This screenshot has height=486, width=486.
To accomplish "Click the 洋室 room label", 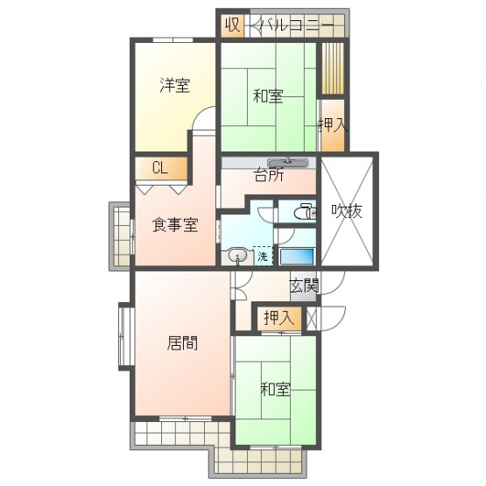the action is click(x=175, y=85).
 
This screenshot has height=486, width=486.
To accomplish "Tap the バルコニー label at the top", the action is click(x=297, y=25).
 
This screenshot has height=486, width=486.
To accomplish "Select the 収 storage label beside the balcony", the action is click(x=232, y=25).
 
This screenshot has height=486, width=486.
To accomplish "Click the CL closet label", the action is click(x=160, y=168).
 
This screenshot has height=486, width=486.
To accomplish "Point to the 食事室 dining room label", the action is click(x=175, y=225).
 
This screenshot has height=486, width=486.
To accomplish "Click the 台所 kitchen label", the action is click(x=269, y=175).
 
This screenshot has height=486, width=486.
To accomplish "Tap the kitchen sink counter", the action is click(x=288, y=162).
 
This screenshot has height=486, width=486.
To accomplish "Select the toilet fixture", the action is click(x=305, y=212).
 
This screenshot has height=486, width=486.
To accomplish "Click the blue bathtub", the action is click(x=297, y=257).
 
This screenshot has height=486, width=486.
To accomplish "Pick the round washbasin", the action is click(x=237, y=256).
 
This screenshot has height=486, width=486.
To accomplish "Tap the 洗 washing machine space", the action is click(x=263, y=256).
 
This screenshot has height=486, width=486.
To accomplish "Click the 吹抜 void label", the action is click(x=347, y=211).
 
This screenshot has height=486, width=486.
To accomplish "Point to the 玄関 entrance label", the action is click(x=305, y=285).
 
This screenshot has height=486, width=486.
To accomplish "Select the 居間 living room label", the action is click(x=182, y=343).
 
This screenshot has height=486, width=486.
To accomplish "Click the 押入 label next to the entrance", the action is click(x=279, y=318).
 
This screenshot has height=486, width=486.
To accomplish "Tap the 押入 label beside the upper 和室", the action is click(x=333, y=125).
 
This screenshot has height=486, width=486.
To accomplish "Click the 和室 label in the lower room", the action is click(x=276, y=389).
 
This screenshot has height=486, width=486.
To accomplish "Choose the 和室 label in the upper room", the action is click(x=268, y=96).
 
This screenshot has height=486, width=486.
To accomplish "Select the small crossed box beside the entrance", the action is click(x=312, y=319).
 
